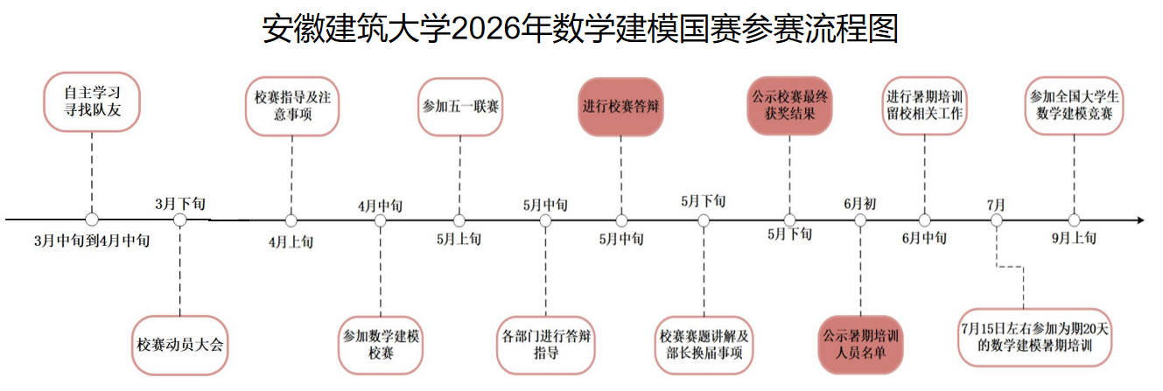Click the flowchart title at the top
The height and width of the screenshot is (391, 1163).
[x=581, y=29]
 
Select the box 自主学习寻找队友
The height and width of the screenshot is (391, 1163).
[x=92, y=101]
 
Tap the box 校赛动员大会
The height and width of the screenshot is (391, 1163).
[x=180, y=344]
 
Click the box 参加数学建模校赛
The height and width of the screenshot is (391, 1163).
[x=381, y=344]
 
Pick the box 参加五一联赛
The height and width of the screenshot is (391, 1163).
[x=460, y=107]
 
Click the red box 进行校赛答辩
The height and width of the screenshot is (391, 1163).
[x=620, y=107]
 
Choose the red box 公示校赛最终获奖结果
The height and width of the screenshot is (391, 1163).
[x=789, y=106]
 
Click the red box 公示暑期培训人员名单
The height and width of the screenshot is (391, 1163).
[x=862, y=344]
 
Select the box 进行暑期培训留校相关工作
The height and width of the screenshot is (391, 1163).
[x=925, y=106]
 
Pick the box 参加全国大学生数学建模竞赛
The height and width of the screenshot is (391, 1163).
[x=1075, y=106]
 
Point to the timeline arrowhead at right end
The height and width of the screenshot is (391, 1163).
[x=1138, y=220]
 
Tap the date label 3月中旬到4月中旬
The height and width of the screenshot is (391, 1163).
[x=91, y=241]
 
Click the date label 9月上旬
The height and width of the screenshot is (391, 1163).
[x=1073, y=237]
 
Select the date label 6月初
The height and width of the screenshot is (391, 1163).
[x=859, y=203]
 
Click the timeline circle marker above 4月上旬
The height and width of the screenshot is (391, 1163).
[x=291, y=220]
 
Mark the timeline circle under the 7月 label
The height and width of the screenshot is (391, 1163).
[x=996, y=220]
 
